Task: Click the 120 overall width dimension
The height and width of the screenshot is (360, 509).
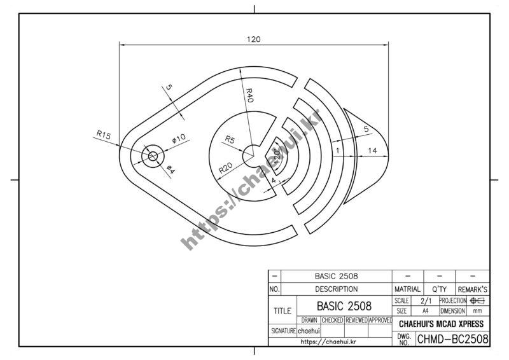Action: pyautogui.click(x=253, y=39)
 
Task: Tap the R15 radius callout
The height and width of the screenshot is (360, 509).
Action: pyautogui.click(x=104, y=135)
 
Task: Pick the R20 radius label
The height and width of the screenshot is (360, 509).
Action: pyautogui.click(x=226, y=169)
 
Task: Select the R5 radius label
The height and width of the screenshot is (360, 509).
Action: pyautogui.click(x=230, y=139)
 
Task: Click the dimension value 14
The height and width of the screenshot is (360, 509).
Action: pyautogui.click(x=373, y=150)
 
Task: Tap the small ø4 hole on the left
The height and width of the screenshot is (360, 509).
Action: pyautogui.click(x=152, y=156)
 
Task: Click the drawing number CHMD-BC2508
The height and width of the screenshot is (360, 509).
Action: pyautogui.click(x=452, y=339)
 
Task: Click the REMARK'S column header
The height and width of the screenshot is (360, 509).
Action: pyautogui.click(x=472, y=289)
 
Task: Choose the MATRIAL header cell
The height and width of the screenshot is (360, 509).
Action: pyautogui.click(x=407, y=289)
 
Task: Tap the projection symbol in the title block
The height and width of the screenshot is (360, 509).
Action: pyautogui.click(x=478, y=300)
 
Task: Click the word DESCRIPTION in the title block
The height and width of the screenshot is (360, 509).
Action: pyautogui.click(x=336, y=289)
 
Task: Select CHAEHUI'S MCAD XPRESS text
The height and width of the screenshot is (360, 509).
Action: pyautogui.click(x=441, y=324)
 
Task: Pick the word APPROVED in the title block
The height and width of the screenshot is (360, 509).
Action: pyautogui.click(x=380, y=320)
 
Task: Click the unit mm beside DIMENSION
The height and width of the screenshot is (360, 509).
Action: pyautogui.click(x=478, y=312)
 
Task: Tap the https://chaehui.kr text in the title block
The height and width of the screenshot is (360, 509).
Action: pyautogui.click(x=328, y=342)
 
